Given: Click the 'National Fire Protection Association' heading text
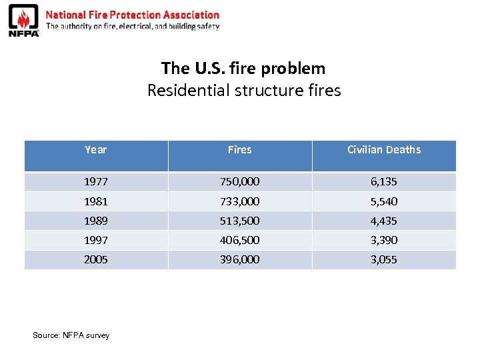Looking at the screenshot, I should [132, 15].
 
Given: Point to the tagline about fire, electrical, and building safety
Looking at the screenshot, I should [132, 27].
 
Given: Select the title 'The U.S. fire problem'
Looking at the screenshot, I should [243, 68].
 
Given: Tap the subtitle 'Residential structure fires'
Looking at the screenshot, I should [243, 90].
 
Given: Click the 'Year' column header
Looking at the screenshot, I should [95, 150].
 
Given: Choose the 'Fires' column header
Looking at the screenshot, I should [239, 150].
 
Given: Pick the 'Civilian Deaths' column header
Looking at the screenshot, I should [384, 150].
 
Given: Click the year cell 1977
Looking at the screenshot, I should [95, 181].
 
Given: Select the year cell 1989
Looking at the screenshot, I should [95, 221].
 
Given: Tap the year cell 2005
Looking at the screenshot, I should [95, 259].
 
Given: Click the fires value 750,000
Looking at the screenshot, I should [239, 181].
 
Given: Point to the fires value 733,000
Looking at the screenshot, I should [239, 201].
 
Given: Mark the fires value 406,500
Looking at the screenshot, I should [239, 240].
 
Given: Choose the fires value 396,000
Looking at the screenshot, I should [239, 259].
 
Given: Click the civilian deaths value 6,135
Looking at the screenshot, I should [384, 181].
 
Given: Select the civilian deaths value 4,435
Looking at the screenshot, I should [384, 221].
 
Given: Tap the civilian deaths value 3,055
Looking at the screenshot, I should [384, 259].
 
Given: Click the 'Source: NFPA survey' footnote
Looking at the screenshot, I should [71, 335].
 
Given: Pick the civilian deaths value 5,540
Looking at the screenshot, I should [384, 201].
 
